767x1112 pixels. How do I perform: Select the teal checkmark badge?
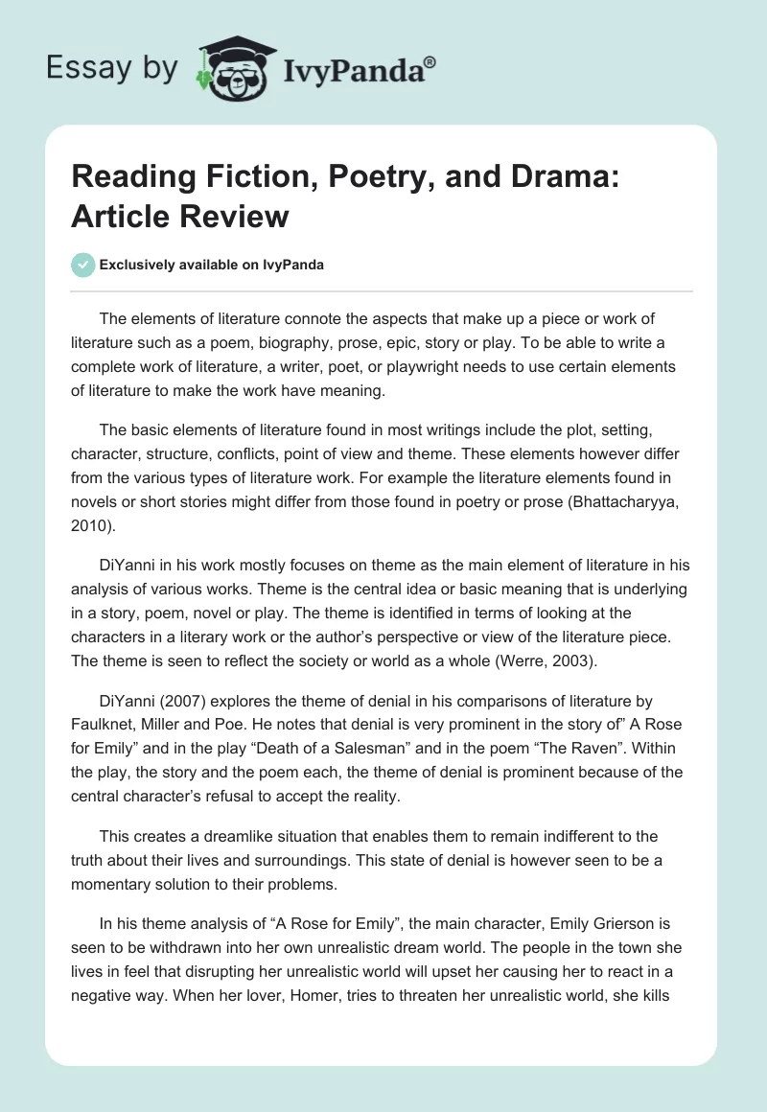coord(82,265)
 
